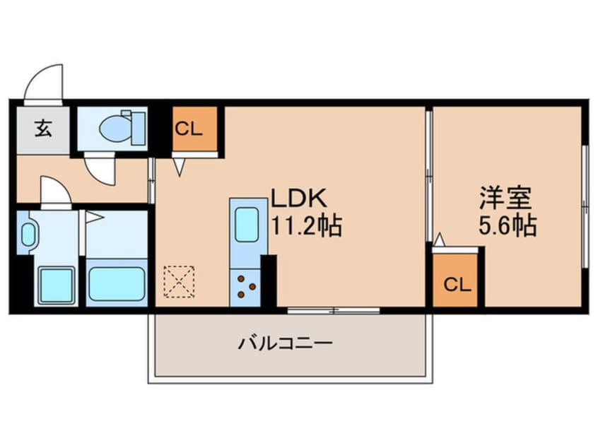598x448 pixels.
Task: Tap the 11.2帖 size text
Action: [307, 225]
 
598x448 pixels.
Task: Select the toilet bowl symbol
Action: [113, 128]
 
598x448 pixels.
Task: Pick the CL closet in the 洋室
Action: [457, 284]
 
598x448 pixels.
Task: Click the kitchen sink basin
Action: [247, 224]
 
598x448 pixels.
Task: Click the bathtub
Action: [117, 283]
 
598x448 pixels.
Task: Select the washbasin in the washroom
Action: [28, 234]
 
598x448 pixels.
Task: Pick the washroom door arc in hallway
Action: [55, 191]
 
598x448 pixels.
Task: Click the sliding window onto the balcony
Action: [333, 309]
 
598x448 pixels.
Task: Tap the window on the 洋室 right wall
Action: [584, 206]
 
